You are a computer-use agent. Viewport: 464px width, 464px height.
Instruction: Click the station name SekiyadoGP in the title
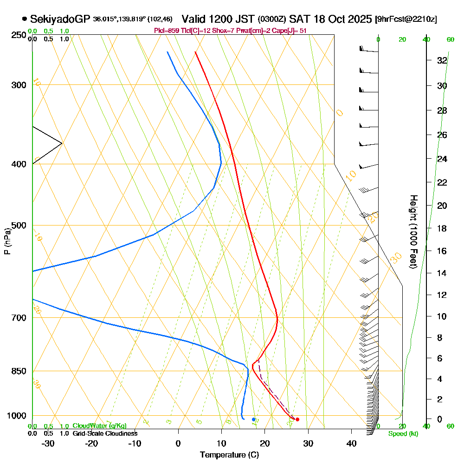(x=60, y=19)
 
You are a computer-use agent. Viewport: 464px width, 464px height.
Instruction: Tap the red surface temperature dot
(x=297, y=419)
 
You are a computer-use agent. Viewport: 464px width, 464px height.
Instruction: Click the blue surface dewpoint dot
(x=253, y=419)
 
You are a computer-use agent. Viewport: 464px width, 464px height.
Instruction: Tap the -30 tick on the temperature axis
(x=48, y=443)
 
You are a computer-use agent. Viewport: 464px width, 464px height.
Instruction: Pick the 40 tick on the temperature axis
(x=351, y=443)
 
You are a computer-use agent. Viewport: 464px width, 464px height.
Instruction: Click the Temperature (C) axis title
(x=229, y=455)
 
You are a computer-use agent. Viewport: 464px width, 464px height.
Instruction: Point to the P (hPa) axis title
(x=7, y=241)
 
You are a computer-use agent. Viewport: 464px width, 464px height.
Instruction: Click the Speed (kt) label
(x=403, y=433)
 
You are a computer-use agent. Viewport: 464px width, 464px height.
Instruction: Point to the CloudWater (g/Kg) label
(x=99, y=425)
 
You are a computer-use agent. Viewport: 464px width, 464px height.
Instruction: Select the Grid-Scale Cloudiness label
(x=104, y=433)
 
